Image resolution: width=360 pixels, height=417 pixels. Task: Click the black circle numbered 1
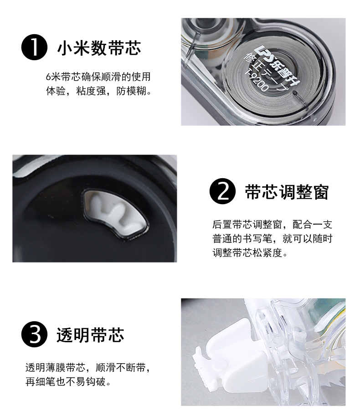pos(34,47)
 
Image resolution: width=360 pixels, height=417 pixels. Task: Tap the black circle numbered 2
pos(222,191)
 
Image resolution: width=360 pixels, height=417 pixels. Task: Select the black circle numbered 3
pos(34,335)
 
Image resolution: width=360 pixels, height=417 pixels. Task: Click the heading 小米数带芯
pos(99,48)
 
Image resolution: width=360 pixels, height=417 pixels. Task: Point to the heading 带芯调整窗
pos(287,192)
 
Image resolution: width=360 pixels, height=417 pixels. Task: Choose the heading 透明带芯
pos(90,335)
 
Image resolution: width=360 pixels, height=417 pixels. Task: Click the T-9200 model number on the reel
pos(256,80)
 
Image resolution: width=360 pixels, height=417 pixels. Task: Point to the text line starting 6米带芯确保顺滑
pos(98,77)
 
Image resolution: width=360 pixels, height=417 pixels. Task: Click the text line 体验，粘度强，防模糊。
pos(98,91)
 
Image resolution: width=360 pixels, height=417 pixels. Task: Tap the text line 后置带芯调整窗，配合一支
pos(272,225)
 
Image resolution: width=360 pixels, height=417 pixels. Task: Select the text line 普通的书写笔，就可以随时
pos(272,238)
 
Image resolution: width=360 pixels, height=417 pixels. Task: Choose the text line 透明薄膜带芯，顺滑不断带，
pos(88,368)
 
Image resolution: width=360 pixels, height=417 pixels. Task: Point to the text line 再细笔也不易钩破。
pos(68,382)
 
